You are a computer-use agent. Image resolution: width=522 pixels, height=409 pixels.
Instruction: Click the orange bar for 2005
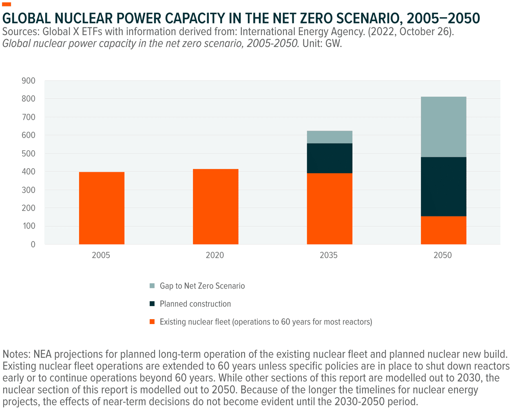click(102, 208)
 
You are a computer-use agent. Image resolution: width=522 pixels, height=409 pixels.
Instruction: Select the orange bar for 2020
click(215, 207)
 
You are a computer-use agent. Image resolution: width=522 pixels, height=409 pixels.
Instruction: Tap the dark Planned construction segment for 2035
click(330, 158)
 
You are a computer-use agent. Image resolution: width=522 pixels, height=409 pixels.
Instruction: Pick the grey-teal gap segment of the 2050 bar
click(443, 127)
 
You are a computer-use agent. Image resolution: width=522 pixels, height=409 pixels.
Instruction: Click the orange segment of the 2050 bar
click(443, 230)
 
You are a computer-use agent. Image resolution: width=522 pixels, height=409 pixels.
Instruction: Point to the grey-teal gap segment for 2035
click(330, 137)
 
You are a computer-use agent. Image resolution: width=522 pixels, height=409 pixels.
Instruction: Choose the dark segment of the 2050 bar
click(443, 187)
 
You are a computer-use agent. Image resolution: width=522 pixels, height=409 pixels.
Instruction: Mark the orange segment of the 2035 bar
click(330, 209)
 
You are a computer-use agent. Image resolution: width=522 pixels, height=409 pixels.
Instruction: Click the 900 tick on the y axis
click(29, 81)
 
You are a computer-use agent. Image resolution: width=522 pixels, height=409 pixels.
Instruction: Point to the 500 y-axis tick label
click(29, 153)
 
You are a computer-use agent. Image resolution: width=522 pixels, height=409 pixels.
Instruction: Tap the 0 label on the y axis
click(33, 245)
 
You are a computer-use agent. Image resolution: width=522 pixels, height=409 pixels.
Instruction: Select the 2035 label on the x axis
click(329, 256)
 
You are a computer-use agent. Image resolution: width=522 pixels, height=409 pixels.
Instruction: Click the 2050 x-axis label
click(442, 256)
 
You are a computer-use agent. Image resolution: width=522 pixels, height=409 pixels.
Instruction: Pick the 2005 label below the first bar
click(101, 256)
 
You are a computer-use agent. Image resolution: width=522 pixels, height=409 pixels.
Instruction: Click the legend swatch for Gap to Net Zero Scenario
click(153, 286)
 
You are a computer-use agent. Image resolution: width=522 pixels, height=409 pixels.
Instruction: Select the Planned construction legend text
click(195, 304)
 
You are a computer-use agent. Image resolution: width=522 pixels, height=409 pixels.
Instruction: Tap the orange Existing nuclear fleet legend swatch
click(153, 322)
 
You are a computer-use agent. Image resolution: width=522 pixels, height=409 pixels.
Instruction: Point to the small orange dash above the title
click(7, 4)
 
